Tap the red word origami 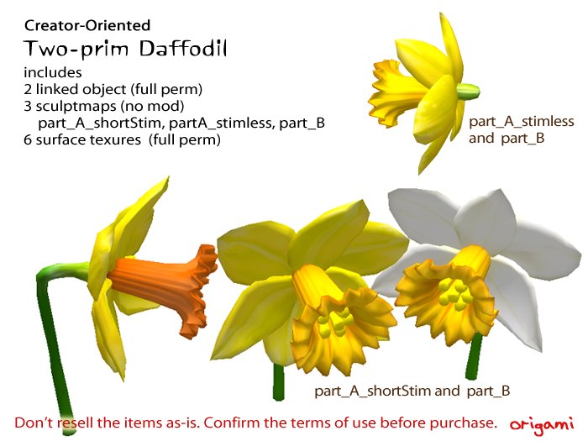coord(541,421)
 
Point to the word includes coord(53,72)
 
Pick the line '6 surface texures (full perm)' coord(122,140)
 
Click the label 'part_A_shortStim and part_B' coord(412,391)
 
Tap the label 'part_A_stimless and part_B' coord(521,129)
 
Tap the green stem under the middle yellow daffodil coord(279,382)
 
